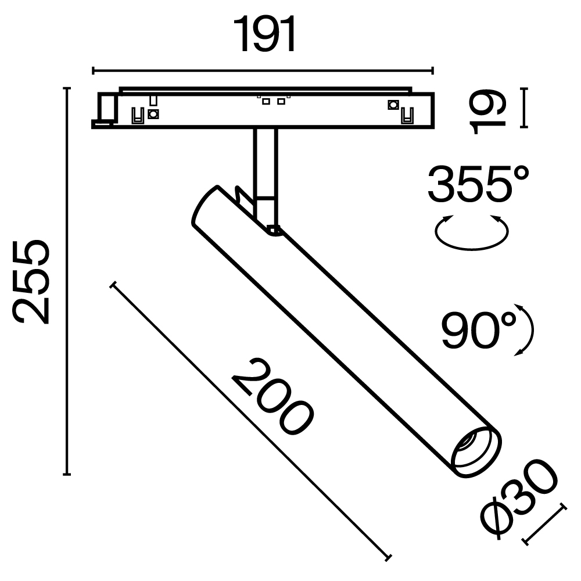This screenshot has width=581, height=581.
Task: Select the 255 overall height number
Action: click(x=31, y=281)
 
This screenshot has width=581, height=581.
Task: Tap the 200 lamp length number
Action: click(x=272, y=397)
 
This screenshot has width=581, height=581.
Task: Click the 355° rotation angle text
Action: click(x=478, y=183)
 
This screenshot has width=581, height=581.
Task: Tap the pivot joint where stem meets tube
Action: click(x=273, y=230)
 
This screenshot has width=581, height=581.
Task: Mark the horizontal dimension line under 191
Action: click(x=263, y=71)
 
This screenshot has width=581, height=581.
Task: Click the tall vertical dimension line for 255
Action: click(x=67, y=281)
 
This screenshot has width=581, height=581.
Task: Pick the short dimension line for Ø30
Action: click(x=545, y=524)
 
